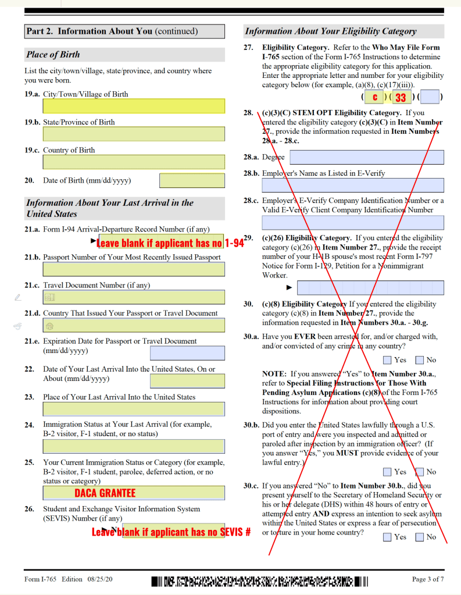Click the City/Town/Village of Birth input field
134,106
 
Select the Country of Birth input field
134,162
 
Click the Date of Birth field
192,181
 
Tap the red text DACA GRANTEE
105,493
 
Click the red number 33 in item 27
401,97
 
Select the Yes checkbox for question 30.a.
388,360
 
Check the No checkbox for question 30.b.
419,472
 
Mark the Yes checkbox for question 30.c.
388,537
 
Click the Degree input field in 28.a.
366,157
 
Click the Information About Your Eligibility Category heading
330,31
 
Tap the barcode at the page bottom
260,580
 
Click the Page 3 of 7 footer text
428,579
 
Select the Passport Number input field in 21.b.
134,269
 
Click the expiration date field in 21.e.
187,353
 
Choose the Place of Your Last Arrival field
134,409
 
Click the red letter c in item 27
375,97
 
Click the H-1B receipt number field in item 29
370,287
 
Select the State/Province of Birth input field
134,134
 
